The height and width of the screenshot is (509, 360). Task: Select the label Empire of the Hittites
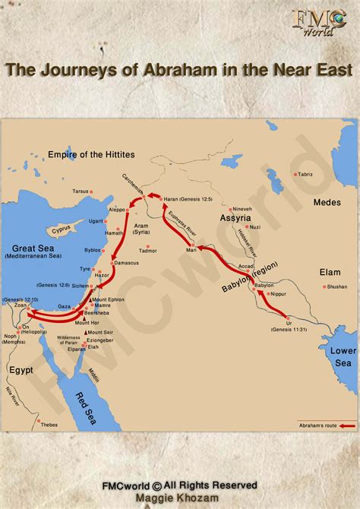(x=91, y=154)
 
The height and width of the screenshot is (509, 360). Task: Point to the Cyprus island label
(x=61, y=227)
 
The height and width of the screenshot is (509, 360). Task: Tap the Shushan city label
(x=336, y=286)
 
